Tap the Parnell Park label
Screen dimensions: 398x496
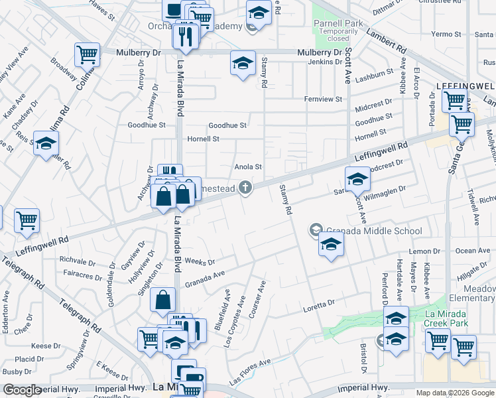click(338, 23)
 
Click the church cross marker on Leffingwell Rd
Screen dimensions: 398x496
click(245, 188)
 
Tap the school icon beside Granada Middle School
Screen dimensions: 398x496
click(331, 244)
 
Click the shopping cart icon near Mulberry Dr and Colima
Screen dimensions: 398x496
click(87, 54)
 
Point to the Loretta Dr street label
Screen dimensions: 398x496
click(320, 304)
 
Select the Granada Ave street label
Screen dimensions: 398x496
click(205, 279)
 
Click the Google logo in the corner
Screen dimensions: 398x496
click(22, 390)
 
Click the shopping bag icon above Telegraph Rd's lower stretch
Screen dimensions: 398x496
click(162, 300)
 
